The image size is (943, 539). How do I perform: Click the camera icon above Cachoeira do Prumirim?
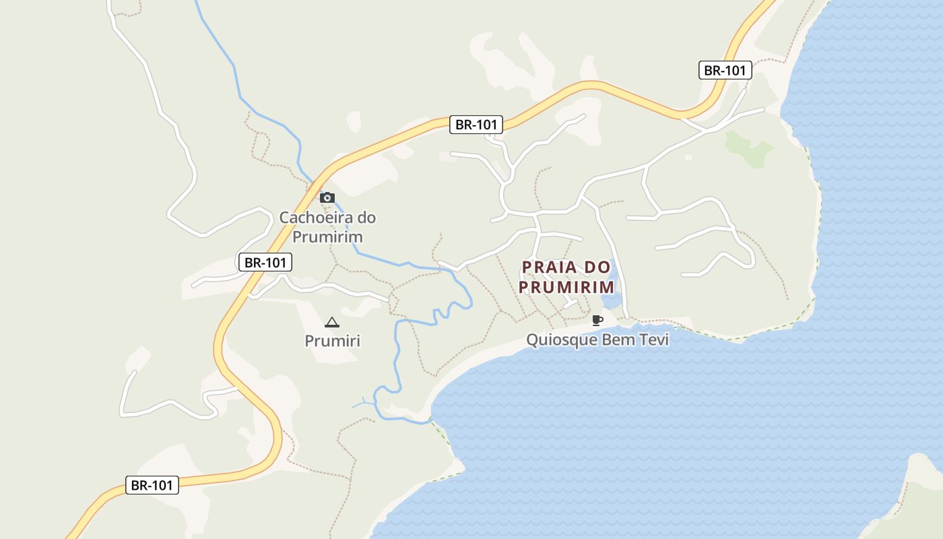327,197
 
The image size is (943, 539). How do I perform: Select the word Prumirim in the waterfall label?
327,237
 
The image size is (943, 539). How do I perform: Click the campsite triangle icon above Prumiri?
331,323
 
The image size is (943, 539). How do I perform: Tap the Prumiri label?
332,341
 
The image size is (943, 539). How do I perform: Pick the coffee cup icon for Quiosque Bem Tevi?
597,320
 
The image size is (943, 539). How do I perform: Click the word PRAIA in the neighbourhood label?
549,267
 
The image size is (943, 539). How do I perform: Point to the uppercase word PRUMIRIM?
566,287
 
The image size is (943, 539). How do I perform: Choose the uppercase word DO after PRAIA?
597,267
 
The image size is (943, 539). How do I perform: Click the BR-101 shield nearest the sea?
725,70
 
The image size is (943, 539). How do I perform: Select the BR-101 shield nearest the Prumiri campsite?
265,262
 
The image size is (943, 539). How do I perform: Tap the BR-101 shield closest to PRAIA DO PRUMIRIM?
476,124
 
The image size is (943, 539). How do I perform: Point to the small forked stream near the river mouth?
364,402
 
